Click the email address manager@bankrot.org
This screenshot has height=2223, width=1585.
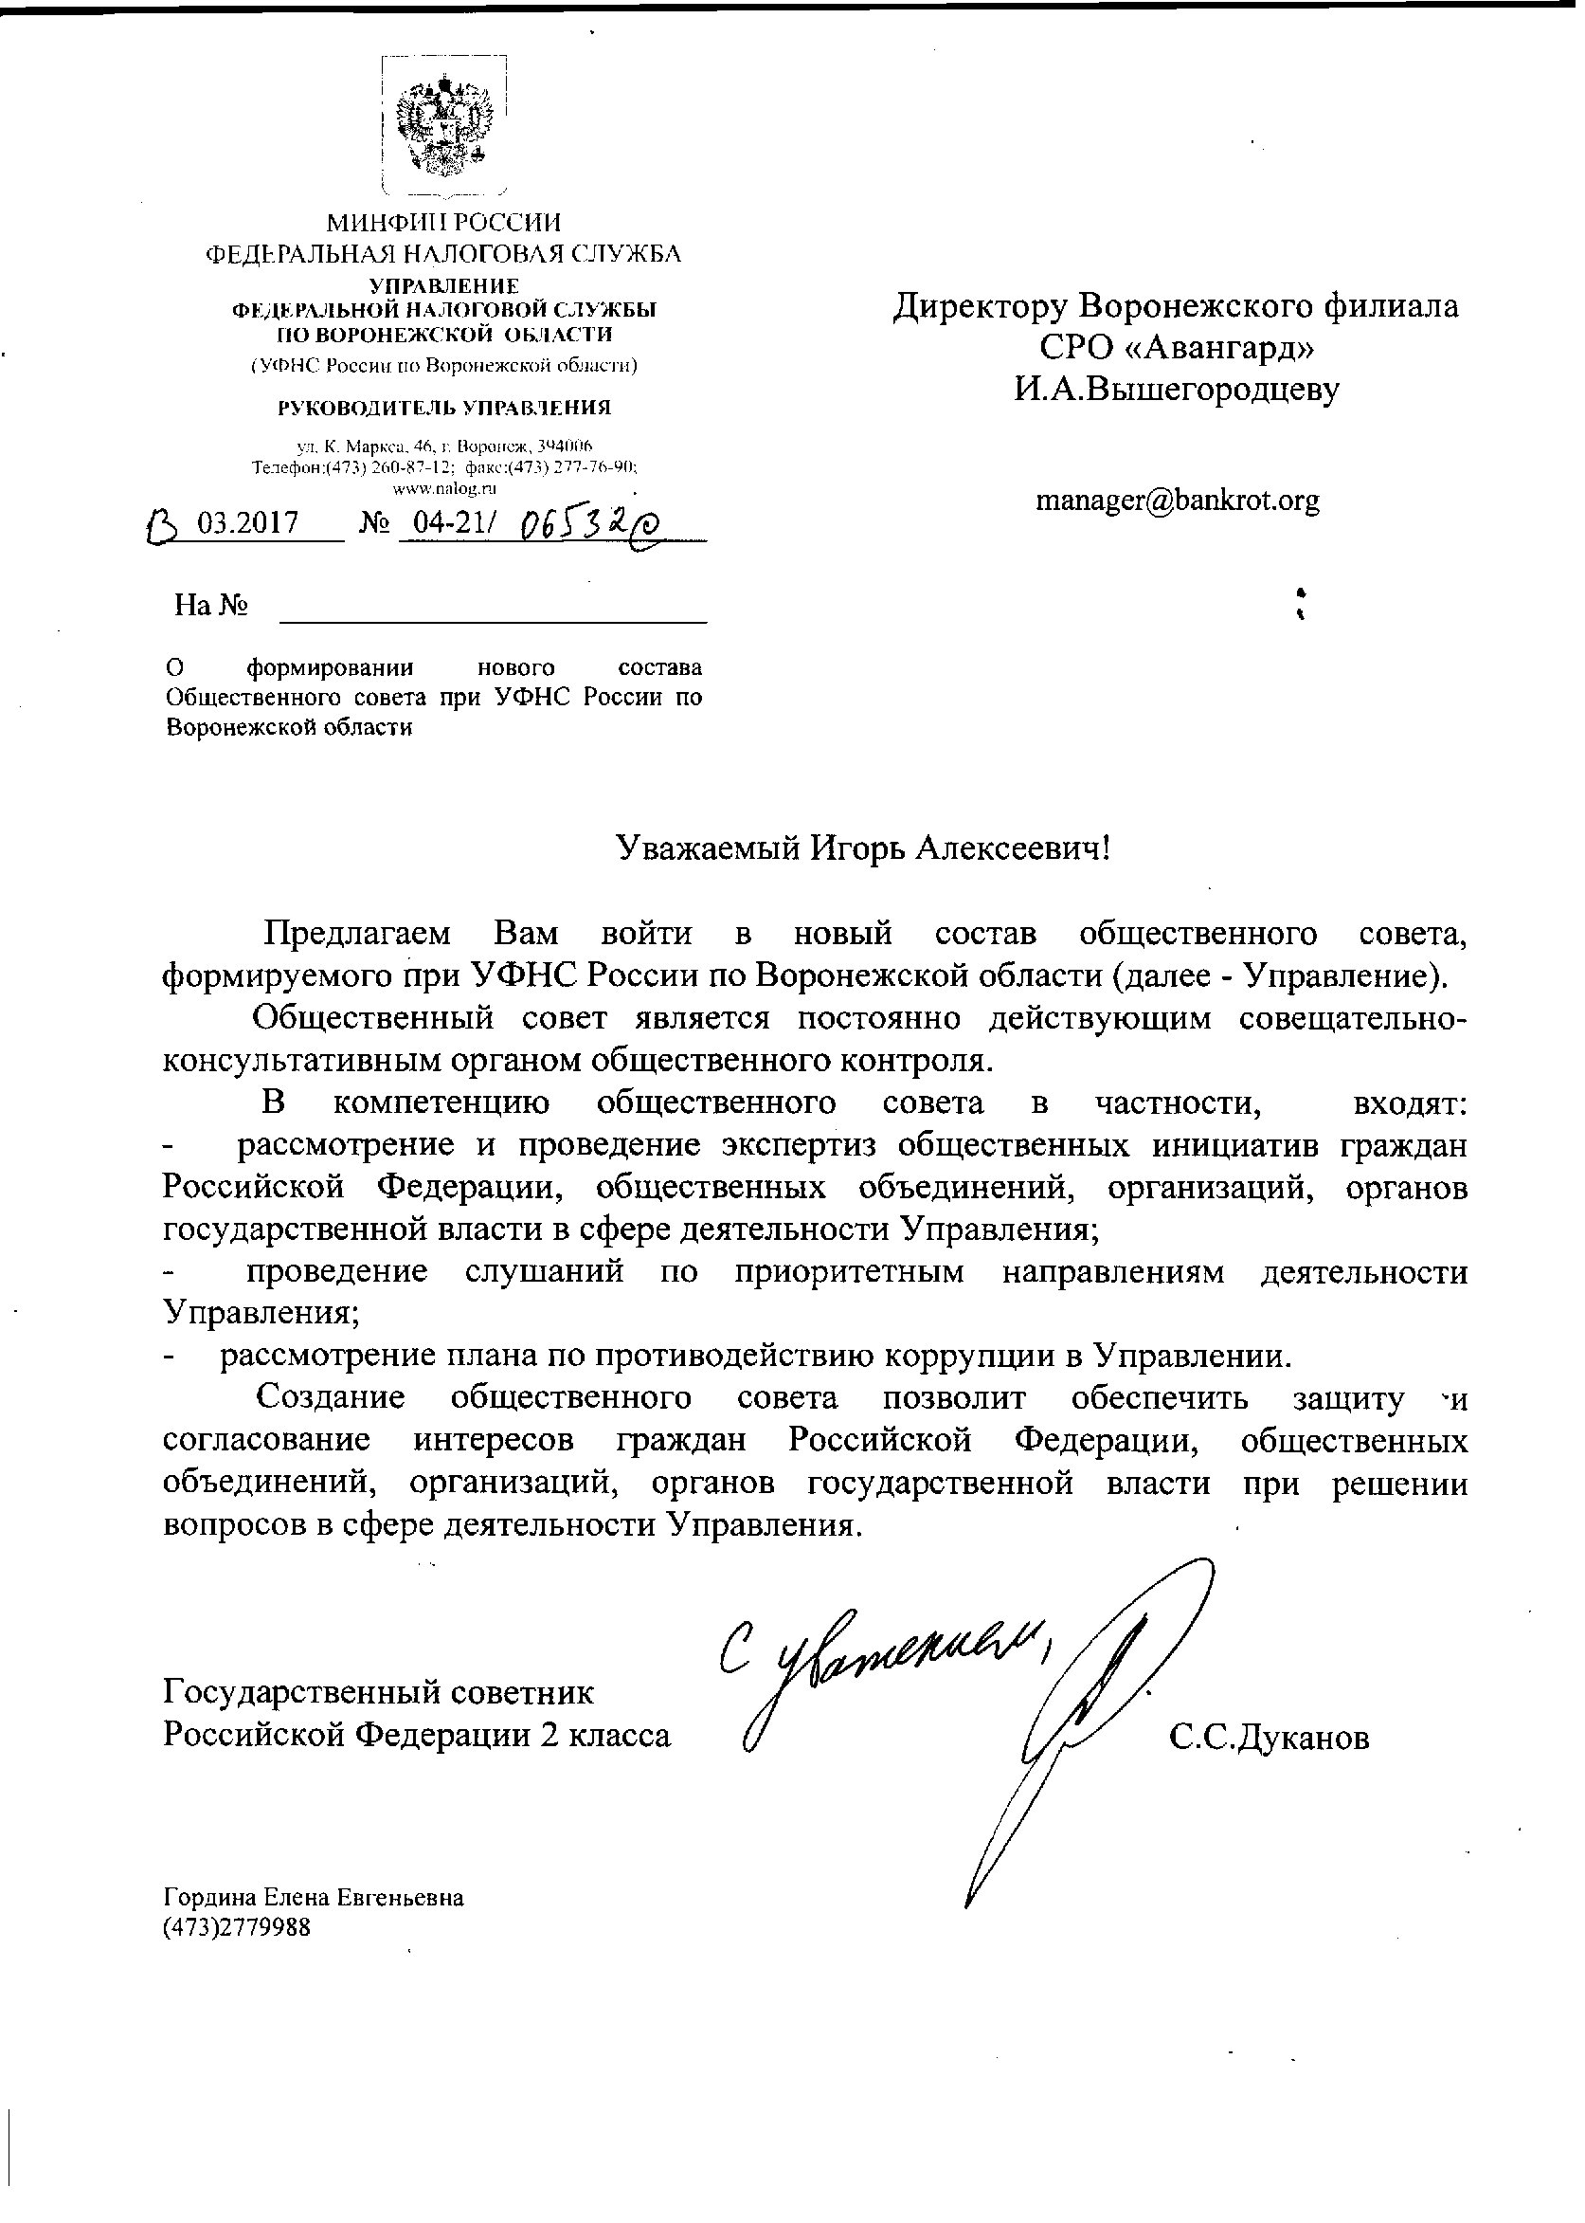coord(1177,501)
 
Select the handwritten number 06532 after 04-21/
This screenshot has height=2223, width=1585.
coord(587,527)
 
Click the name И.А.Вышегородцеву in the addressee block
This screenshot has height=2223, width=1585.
coord(1176,389)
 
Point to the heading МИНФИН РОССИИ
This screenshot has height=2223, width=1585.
coord(444,223)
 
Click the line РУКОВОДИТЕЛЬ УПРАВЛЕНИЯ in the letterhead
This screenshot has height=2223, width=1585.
coord(444,407)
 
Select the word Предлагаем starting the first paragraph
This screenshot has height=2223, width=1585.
coord(357,934)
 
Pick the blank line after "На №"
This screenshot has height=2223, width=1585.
coord(493,615)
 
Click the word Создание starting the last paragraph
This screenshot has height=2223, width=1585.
coord(330,1397)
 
